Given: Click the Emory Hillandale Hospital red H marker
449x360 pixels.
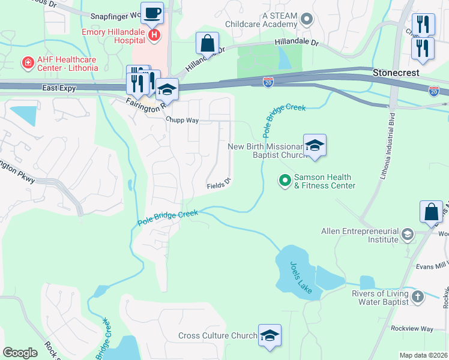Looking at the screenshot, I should click(154, 35).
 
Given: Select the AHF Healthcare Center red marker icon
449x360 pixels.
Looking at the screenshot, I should click(27, 62).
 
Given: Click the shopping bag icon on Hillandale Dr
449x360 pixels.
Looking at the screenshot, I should click(207, 44).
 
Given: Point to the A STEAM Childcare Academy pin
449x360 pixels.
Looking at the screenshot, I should click(307, 19).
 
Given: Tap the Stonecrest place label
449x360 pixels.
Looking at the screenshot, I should click(394, 72).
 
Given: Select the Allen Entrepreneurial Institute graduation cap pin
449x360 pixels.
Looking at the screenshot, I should click(408, 234).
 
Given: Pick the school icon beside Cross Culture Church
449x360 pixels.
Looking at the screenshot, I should click(270, 336).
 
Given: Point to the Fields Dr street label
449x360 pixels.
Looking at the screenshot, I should click(218, 183).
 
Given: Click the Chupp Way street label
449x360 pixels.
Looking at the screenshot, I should click(183, 119).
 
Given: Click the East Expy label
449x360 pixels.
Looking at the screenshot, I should click(60, 88).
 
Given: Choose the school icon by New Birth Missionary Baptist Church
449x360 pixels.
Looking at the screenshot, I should click(315, 146).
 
